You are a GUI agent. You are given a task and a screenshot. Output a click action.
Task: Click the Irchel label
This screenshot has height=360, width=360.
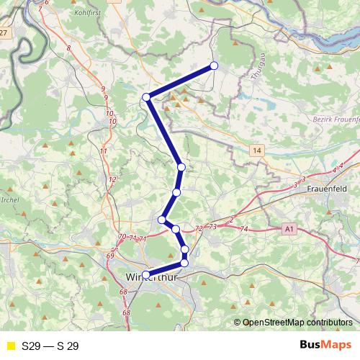tap(9, 199)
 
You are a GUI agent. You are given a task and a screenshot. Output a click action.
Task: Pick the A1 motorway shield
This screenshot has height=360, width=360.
tap(289, 228)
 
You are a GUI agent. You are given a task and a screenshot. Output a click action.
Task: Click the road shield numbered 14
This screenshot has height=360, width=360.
tap(257, 150)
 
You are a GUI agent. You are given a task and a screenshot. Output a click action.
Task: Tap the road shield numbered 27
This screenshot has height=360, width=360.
tap(4, 33)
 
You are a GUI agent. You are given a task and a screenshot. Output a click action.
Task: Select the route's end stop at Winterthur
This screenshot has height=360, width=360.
tap(146, 274)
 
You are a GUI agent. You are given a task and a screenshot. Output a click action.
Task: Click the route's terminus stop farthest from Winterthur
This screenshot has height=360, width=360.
tap(214, 66)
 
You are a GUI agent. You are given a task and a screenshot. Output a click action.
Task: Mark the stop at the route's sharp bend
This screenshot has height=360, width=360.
tap(146, 96)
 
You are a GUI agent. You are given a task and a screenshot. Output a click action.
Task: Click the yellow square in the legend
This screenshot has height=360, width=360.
tap(10, 346)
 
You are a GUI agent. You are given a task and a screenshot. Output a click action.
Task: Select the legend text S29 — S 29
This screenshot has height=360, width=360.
tap(50, 346)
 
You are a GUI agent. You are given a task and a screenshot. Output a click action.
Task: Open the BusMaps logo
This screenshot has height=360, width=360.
tap(325, 346)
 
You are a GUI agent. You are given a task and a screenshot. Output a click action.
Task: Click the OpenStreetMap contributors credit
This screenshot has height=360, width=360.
tap(296, 322)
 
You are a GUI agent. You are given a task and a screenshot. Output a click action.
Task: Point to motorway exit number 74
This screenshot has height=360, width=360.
tap(243, 228)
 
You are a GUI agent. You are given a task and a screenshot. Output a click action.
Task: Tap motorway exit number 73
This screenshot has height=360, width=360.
tap(212, 226)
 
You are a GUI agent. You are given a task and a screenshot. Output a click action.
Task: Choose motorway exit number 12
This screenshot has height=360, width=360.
tap(112, 179)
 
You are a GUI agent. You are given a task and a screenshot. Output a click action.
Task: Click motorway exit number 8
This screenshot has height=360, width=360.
tap(68, 48)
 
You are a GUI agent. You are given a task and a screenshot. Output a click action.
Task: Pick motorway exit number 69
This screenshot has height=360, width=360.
tap(109, 256)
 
